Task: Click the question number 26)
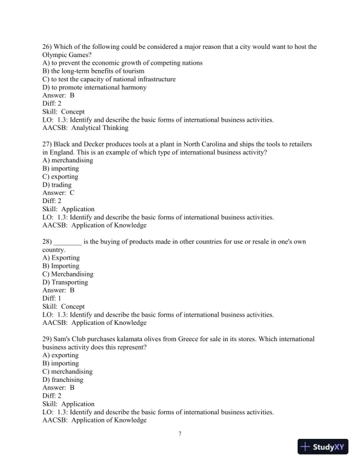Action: pyautogui.click(x=48, y=46)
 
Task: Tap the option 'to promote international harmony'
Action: pyautogui.click(x=95, y=88)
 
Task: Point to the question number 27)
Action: pyautogui.click(x=48, y=144)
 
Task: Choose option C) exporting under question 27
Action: pyautogui.click(x=60, y=177)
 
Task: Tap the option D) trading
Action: pyautogui.click(x=57, y=185)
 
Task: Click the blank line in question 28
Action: pyautogui.click(x=67, y=242)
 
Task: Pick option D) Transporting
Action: pyautogui.click(x=65, y=282)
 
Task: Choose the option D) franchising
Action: pyautogui.click(x=63, y=380)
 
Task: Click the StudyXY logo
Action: pyautogui.click(x=323, y=447)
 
